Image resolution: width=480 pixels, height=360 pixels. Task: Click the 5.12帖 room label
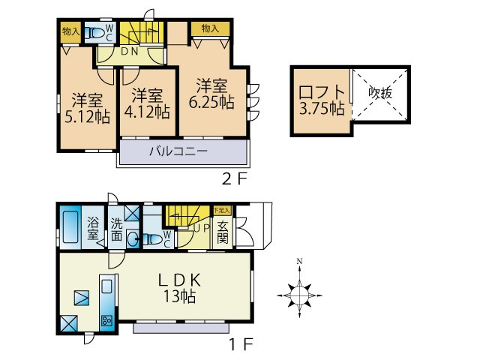(x=88, y=108)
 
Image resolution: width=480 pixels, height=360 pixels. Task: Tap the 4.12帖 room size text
(x=147, y=103)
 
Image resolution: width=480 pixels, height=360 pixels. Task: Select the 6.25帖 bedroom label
(x=211, y=94)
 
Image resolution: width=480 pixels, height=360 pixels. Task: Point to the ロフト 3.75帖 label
(x=322, y=100)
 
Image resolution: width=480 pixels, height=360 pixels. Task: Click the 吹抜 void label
(x=380, y=92)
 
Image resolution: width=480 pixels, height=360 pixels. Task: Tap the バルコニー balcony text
(x=178, y=151)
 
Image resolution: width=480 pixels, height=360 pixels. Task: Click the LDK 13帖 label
(x=179, y=288)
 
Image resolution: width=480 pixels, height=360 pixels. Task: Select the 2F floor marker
(x=234, y=179)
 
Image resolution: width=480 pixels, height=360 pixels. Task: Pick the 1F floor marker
(x=241, y=345)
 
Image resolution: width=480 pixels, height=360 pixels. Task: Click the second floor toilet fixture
(x=94, y=33)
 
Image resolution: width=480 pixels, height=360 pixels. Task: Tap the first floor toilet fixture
(x=152, y=239)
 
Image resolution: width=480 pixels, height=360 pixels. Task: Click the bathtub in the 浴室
(x=70, y=226)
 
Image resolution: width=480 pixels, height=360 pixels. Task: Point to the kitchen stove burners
(x=107, y=321)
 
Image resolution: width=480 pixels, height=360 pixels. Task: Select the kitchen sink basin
(x=106, y=286)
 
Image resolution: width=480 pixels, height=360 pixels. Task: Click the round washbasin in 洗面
(x=133, y=238)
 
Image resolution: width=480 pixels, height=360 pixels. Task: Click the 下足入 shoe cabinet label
(x=221, y=210)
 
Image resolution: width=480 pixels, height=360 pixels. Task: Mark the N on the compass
(x=299, y=261)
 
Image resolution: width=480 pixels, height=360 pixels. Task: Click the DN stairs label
(x=130, y=52)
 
